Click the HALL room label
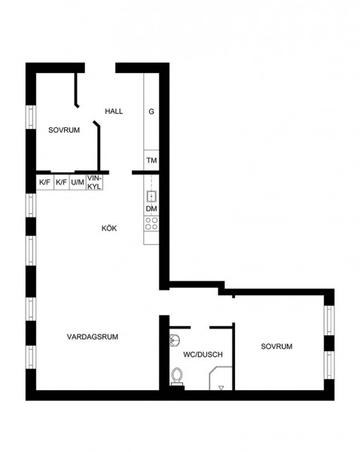tap(114, 111)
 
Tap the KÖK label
tap(109, 228)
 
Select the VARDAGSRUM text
tap(93, 337)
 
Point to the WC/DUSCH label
tap(203, 354)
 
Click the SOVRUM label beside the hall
tap(64, 130)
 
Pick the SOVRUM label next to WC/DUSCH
tap(276, 347)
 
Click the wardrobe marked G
tap(151, 111)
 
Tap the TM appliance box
tap(151, 160)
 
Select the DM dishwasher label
tap(151, 209)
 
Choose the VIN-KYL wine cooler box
tap(95, 182)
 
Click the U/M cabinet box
tap(78, 182)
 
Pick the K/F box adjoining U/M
tap(62, 182)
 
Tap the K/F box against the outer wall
tap(45, 182)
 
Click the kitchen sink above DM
tap(151, 197)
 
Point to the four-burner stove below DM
tap(151, 224)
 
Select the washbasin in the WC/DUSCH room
tap(175, 340)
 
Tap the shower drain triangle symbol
tap(221, 388)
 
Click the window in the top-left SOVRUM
tap(31, 117)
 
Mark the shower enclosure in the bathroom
tap(221, 378)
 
